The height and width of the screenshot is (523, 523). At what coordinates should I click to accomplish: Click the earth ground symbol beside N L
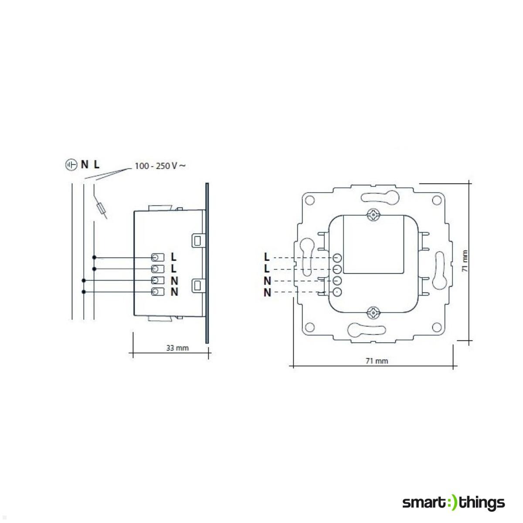[70, 165]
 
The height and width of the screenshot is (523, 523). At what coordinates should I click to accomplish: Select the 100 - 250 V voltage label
[160, 166]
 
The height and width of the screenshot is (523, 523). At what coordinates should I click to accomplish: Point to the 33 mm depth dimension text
[177, 348]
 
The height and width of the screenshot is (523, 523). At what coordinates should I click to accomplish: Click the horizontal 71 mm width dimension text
[376, 361]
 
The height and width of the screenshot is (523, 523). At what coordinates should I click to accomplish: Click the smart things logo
[453, 503]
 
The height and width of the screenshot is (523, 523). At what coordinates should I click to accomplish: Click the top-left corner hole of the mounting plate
[309, 200]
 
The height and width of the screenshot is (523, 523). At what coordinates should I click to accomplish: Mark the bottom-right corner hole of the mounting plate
[436, 327]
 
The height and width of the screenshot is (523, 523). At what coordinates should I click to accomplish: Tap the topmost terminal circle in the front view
[337, 258]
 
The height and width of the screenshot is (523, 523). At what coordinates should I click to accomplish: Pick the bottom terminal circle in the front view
[337, 292]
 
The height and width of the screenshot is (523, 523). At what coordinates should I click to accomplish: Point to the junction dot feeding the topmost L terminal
[94, 258]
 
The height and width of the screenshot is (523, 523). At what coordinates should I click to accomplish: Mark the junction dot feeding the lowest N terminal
[83, 292]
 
